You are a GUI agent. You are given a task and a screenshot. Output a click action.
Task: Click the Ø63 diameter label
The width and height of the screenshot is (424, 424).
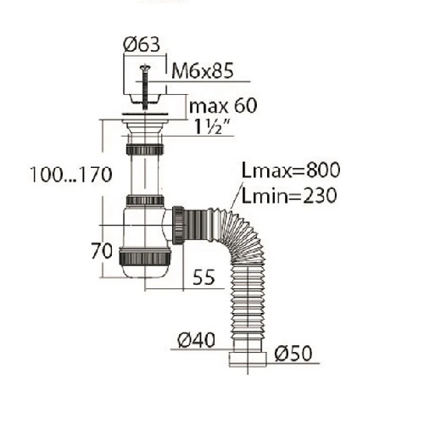142,45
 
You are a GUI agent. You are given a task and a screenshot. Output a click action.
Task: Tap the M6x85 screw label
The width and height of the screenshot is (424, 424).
203,70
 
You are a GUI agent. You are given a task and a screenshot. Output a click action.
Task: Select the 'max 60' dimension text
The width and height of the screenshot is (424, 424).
223,105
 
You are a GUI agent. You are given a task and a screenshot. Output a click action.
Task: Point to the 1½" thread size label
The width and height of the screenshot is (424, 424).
211,126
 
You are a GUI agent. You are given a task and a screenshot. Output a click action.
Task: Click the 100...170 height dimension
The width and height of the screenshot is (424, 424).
71,175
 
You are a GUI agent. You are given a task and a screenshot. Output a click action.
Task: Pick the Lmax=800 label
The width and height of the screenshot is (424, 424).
291,170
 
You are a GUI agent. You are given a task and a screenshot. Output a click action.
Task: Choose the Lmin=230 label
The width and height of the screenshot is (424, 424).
289,196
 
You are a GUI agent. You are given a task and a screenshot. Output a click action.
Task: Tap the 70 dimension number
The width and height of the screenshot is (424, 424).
102,251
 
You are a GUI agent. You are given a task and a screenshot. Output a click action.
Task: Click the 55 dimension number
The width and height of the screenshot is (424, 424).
204,276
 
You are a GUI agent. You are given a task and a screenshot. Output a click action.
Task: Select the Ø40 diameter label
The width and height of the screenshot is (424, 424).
196,340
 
